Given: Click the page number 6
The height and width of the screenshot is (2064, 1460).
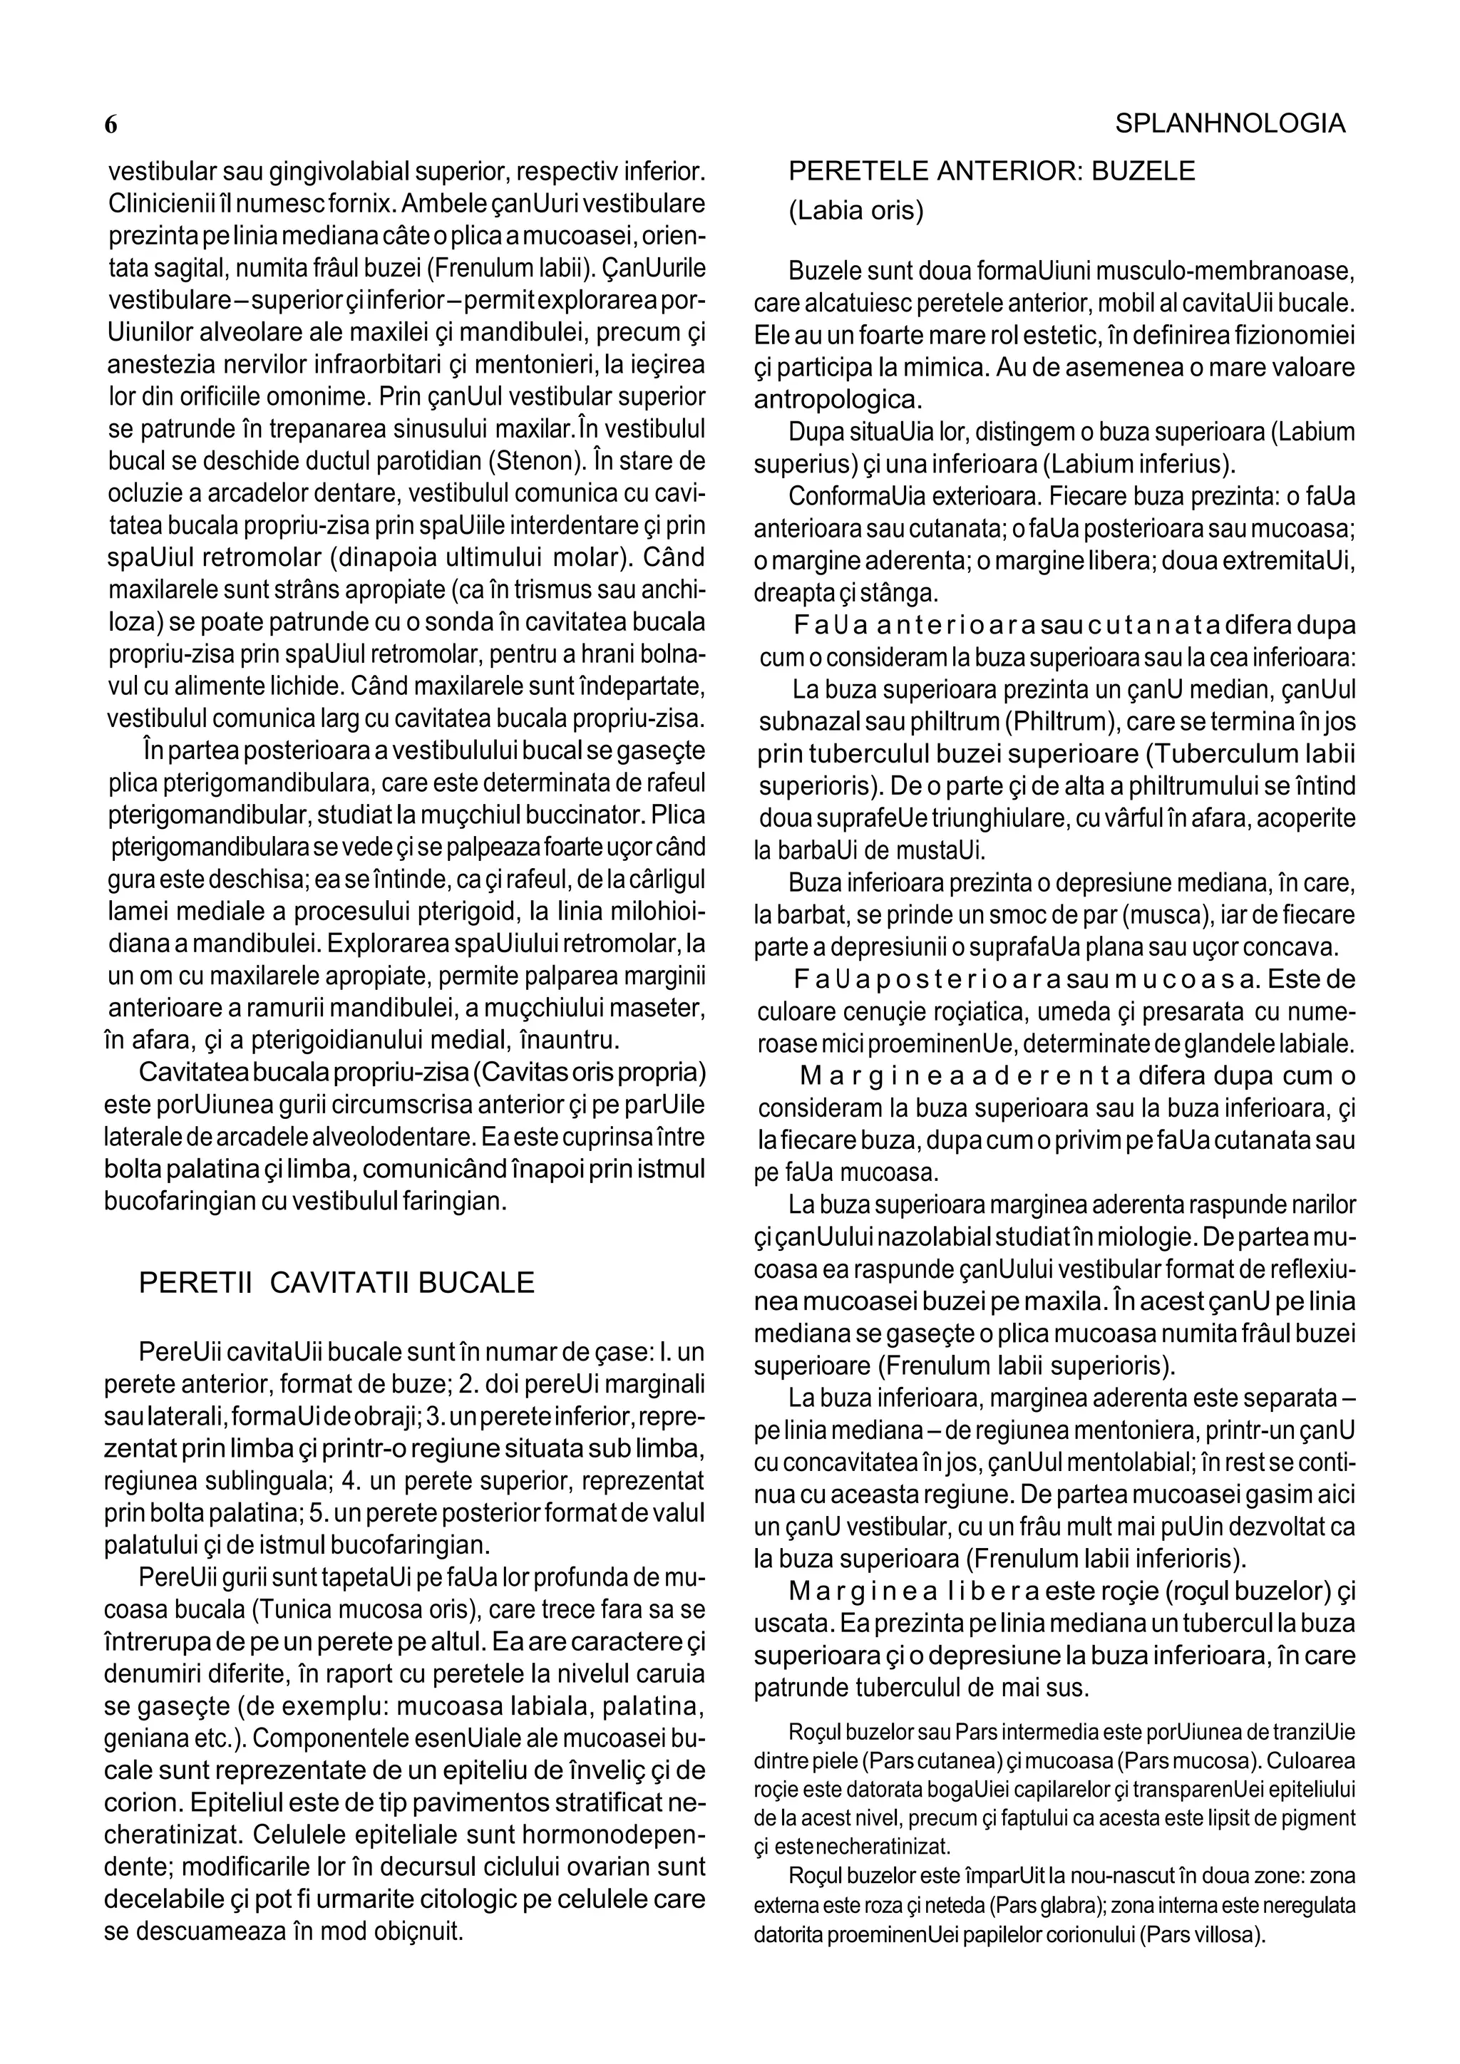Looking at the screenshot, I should (x=111, y=125).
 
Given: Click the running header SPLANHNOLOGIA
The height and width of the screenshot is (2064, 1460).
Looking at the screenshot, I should (x=1230, y=124).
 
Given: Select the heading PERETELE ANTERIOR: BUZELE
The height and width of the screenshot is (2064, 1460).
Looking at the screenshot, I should (x=992, y=171).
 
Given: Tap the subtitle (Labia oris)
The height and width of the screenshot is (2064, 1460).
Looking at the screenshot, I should (x=856, y=211).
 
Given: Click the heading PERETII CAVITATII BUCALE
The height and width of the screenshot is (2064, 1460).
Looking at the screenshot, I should (x=336, y=1283).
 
